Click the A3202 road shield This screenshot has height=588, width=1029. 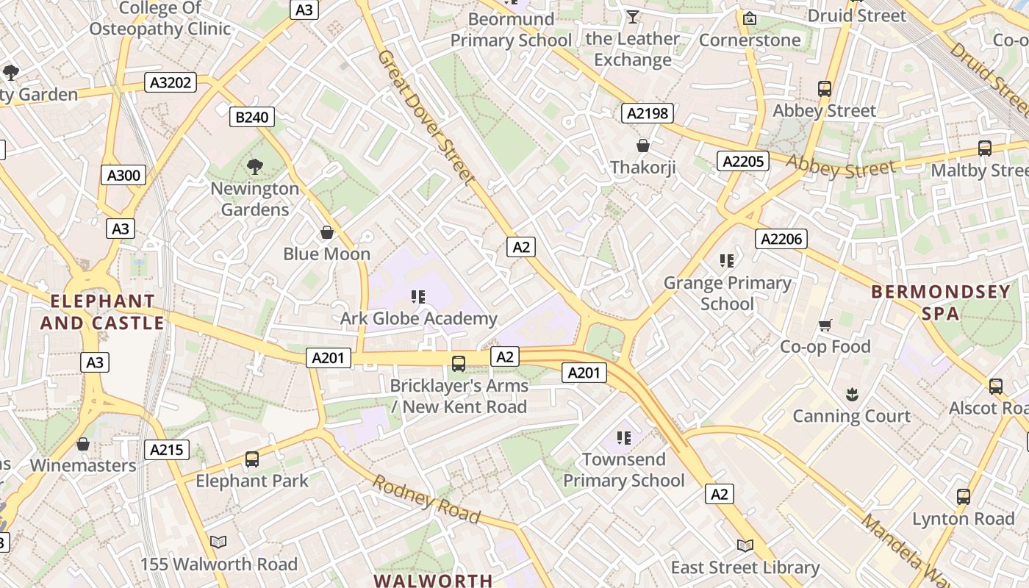(171, 82)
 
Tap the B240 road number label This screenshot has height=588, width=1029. (251, 116)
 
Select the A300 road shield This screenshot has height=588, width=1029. (123, 175)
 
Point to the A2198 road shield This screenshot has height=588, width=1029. (648, 112)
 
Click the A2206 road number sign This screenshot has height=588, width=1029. (781, 238)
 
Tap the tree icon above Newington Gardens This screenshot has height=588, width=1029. (255, 166)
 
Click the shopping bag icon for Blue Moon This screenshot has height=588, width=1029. (327, 233)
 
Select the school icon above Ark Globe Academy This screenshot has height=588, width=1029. (418, 297)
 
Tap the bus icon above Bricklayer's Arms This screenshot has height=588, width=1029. (459, 363)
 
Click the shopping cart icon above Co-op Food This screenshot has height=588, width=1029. (825, 325)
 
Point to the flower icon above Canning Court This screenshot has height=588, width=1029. (851, 395)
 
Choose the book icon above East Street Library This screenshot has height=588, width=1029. (745, 545)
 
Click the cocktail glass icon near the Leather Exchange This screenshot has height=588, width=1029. (632, 16)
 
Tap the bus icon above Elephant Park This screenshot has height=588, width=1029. (252, 459)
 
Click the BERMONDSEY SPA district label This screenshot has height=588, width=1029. (941, 302)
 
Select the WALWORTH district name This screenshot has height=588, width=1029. (433, 580)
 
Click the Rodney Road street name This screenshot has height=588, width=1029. (426, 500)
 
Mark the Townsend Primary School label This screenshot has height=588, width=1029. (623, 470)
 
